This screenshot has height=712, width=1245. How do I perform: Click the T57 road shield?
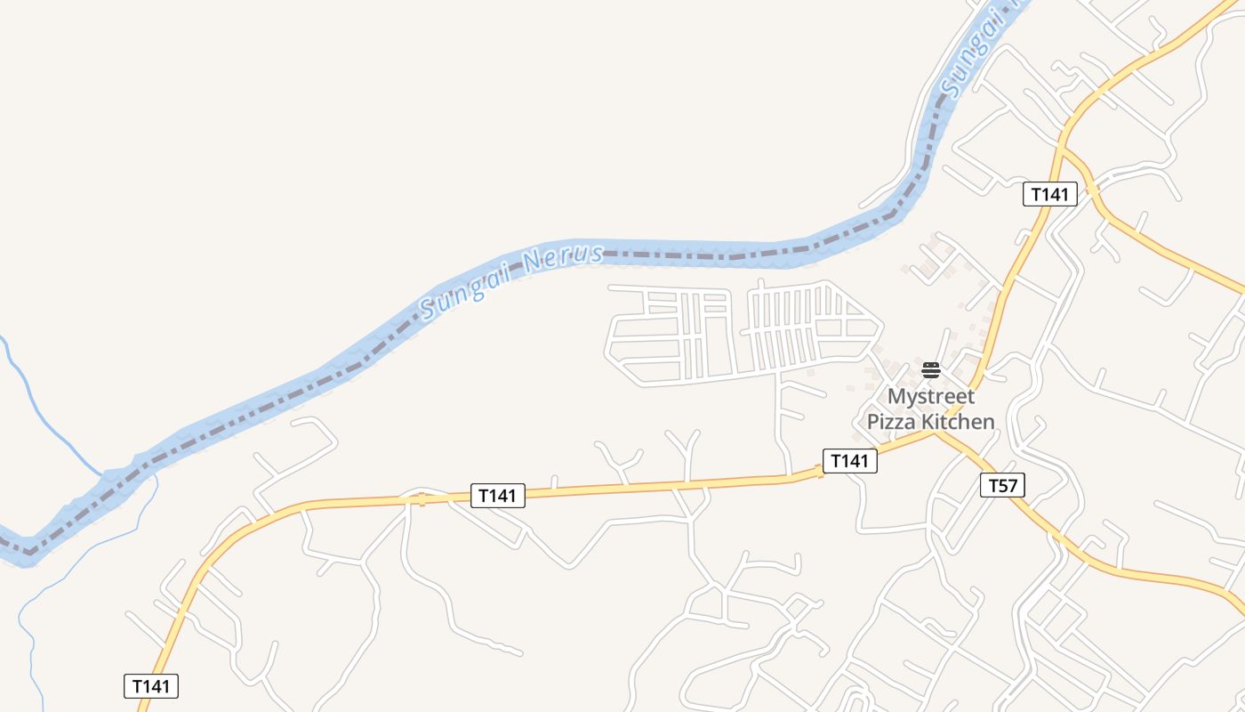click(x=1002, y=485)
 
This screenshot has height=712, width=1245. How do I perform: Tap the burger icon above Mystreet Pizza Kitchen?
click(x=930, y=370)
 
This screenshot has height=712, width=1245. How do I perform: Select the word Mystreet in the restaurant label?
click(x=931, y=396)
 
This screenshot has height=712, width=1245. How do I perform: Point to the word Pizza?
click(x=892, y=422)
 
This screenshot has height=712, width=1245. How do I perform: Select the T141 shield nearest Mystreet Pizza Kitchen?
click(x=849, y=460)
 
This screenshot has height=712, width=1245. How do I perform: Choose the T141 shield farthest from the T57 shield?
click(x=150, y=686)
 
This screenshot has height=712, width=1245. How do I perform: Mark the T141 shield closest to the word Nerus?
click(x=497, y=496)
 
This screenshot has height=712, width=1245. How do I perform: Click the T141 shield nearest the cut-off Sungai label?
click(x=1049, y=194)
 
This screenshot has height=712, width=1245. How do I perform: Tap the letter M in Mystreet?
click(x=896, y=396)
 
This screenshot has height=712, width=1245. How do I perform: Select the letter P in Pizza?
click(x=873, y=422)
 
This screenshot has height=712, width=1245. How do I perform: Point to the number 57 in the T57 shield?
click(x=1008, y=485)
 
